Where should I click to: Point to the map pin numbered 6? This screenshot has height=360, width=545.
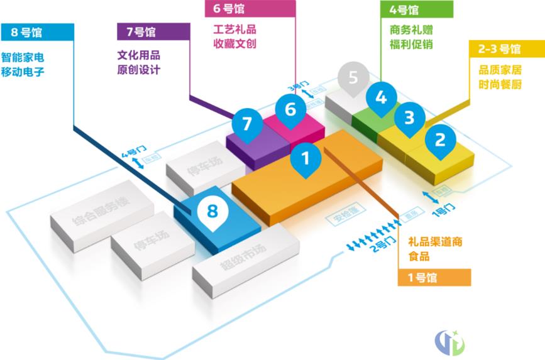pos(290,109)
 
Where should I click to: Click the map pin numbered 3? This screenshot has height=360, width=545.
pos(409,118)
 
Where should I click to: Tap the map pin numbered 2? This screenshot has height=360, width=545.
pos(440,139)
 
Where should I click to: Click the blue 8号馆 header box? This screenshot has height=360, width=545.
pos(38,32)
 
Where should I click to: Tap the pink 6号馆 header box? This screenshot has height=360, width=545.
pos(250,9)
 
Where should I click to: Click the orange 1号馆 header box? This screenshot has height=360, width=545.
pos(434,277)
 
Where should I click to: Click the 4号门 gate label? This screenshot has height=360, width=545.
pos(134,151)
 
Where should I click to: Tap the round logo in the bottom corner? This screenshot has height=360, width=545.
pos(449,341)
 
